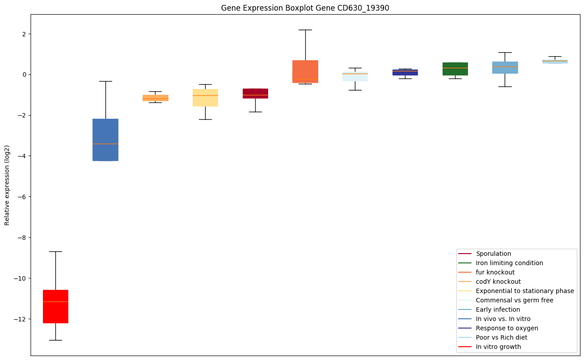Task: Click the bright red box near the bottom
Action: (x=55, y=306)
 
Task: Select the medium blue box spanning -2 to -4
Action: (x=105, y=140)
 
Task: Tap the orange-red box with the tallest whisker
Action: (x=305, y=71)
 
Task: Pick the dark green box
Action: (x=455, y=69)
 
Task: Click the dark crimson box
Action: (x=256, y=94)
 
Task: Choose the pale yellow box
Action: (x=206, y=98)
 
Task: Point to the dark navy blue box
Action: (x=405, y=72)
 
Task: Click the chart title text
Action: (x=305, y=8)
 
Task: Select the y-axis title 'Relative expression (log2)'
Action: (x=7, y=185)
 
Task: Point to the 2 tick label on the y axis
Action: (x=24, y=34)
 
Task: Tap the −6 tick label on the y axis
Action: (x=22, y=197)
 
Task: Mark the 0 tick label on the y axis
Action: (x=24, y=74)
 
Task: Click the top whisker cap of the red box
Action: (x=55, y=251)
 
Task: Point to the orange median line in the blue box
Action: (x=105, y=144)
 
